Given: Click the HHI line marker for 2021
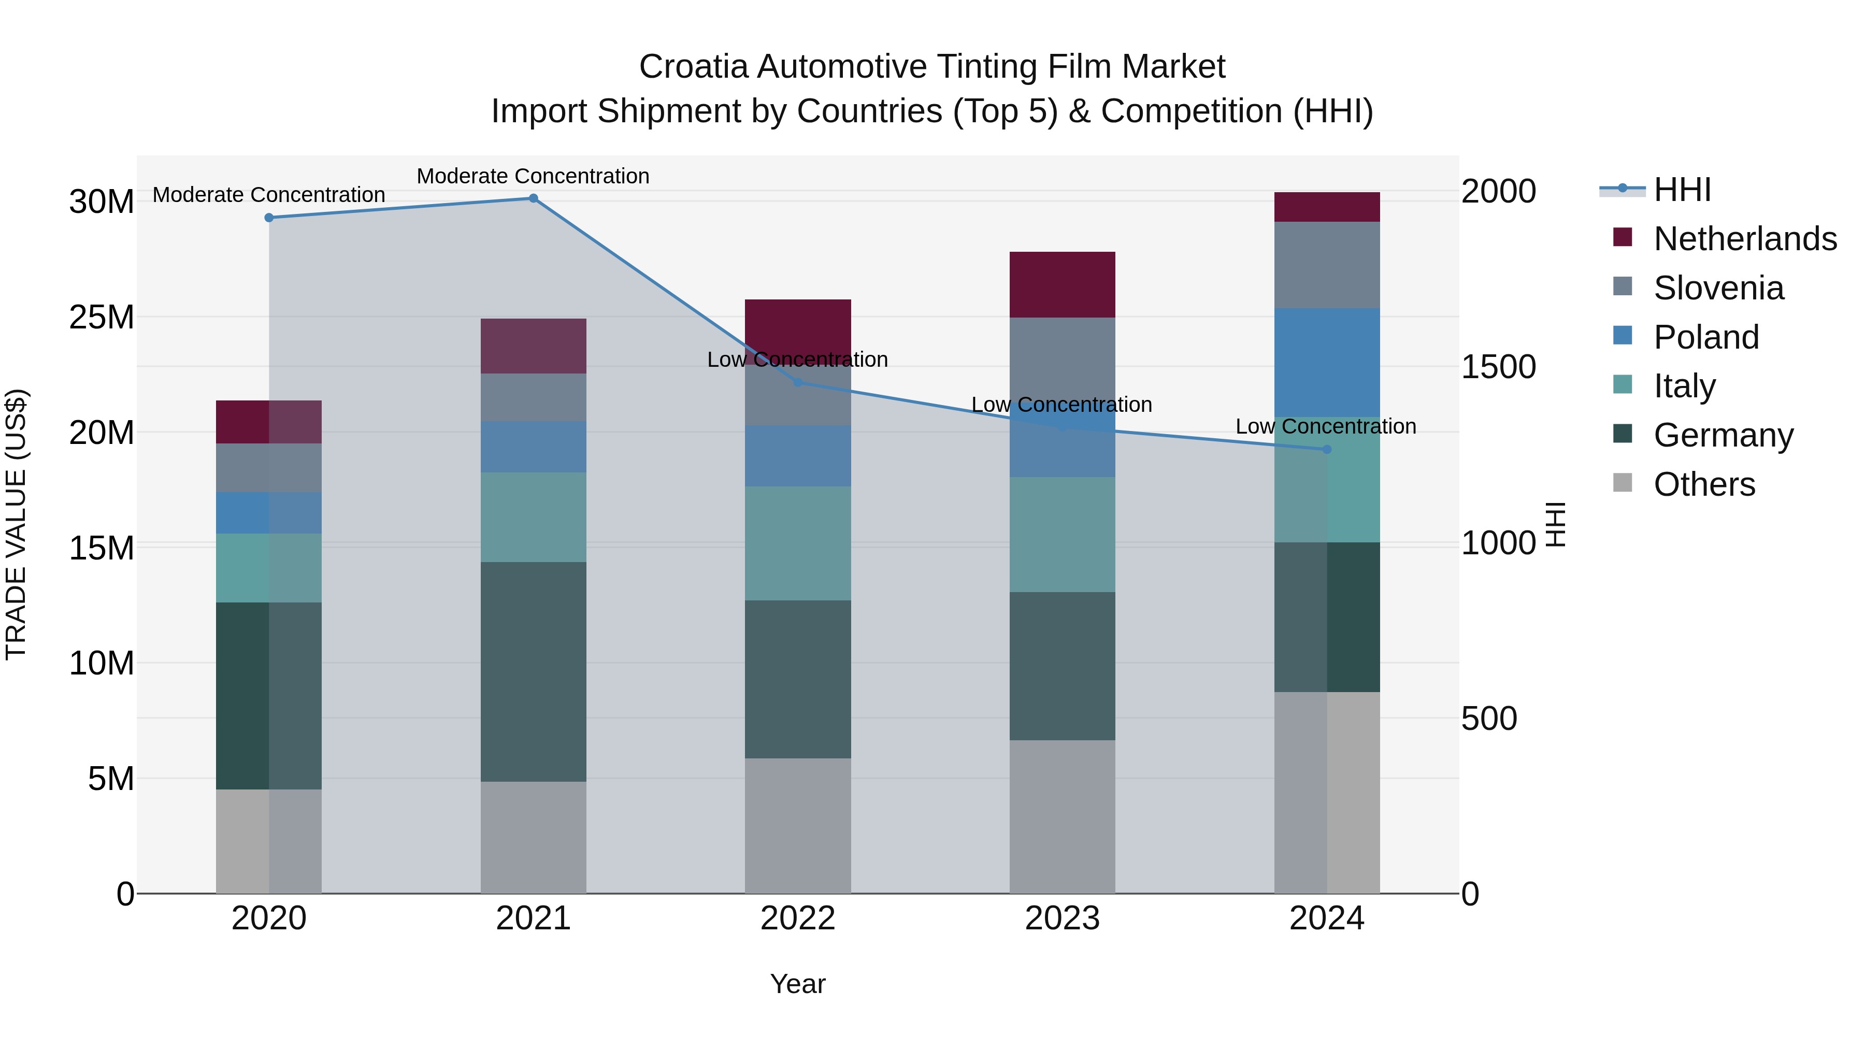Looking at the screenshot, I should (x=533, y=198).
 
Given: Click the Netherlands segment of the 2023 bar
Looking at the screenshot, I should (x=1062, y=284).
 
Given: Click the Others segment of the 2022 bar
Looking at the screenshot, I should (x=798, y=825).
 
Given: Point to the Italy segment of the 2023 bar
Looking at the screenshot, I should (x=1062, y=534).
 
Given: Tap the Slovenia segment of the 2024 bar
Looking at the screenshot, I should (x=1326, y=265).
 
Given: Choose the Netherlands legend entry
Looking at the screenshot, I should (x=1745, y=239).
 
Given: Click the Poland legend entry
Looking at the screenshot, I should (x=1706, y=337).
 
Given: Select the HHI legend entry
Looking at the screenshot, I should (x=1682, y=190).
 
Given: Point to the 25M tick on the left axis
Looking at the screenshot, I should (x=102, y=317).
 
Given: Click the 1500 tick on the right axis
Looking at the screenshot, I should (x=1498, y=367).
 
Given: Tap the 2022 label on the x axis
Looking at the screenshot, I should (x=798, y=918).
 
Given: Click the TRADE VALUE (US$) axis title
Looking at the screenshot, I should (x=16, y=524).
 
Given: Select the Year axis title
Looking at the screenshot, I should (x=798, y=984).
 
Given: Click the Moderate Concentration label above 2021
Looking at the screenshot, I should (x=533, y=176).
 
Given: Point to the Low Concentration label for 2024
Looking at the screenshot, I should (x=1326, y=426).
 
